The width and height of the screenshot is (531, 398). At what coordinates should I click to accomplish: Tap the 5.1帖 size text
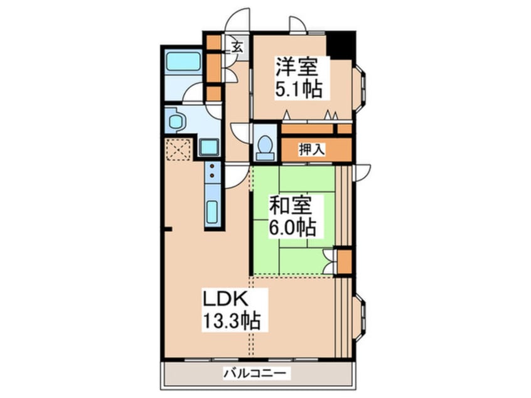(298, 89)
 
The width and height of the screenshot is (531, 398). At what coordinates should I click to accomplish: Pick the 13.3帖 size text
(230, 323)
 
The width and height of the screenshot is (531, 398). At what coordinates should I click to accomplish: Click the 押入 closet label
(312, 149)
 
